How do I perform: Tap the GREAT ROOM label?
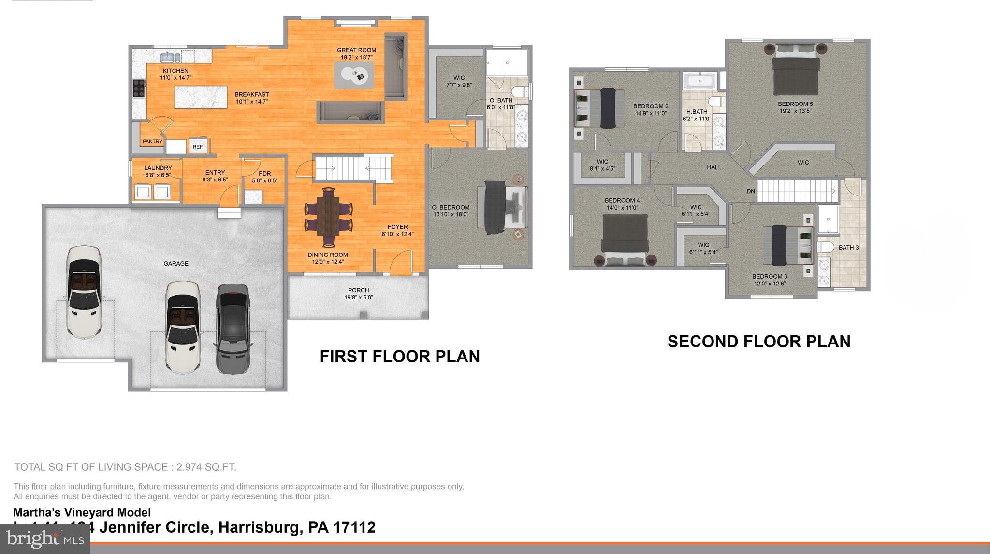[x=356, y=50]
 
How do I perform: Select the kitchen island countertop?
[x=201, y=97]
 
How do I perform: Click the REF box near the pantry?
[x=198, y=147]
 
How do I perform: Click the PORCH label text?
[x=358, y=290]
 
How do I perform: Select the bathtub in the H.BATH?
[x=699, y=81]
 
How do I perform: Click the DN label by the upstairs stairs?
[x=750, y=191]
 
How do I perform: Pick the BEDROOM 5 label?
[x=795, y=104]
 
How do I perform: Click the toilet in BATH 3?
[x=826, y=247]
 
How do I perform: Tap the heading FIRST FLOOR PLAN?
[x=399, y=357]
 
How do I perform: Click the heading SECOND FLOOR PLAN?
[x=758, y=342]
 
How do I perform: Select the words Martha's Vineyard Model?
[x=82, y=513]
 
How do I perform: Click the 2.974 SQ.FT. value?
[x=206, y=467]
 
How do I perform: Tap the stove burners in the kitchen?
[x=139, y=89]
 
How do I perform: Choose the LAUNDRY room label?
[x=158, y=168]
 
